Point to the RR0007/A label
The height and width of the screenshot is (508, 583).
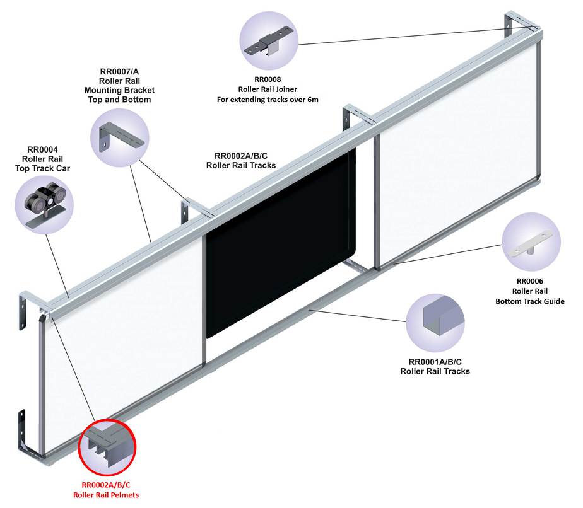[119, 71]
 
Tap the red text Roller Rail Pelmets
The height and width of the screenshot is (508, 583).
[106, 495]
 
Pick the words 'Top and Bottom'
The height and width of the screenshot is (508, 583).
[119, 100]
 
